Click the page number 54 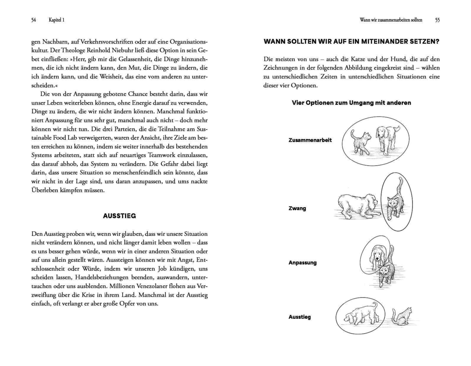pos(34,20)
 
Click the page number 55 pos(437,20)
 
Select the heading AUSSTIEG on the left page pos(119,216)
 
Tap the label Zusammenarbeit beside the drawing pos(310,140)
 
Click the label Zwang pos(297,208)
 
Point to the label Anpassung pos(302,263)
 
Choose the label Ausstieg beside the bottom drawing pos(300,317)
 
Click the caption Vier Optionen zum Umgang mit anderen pos(351,103)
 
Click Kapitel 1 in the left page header pos(56,20)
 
